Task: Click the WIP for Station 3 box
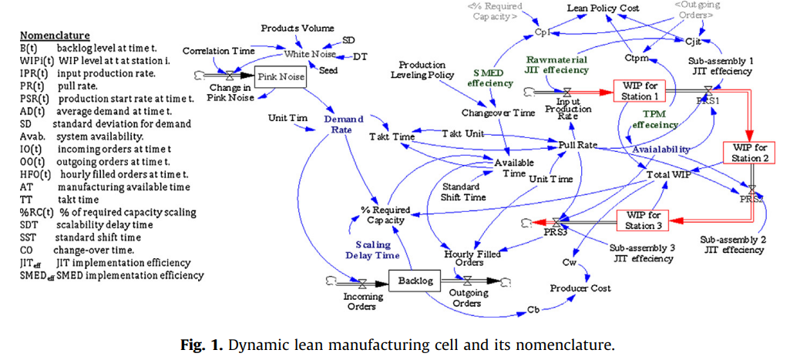coord(644,220)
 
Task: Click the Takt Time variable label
coord(392,136)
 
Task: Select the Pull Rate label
coord(578,144)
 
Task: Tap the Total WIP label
coord(668,175)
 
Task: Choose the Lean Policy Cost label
coord(603,8)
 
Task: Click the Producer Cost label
coord(580,288)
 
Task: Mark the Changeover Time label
coord(498,113)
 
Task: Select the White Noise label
coord(311,54)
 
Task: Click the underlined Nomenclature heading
coord(55,35)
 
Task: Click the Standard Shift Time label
coord(463,191)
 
